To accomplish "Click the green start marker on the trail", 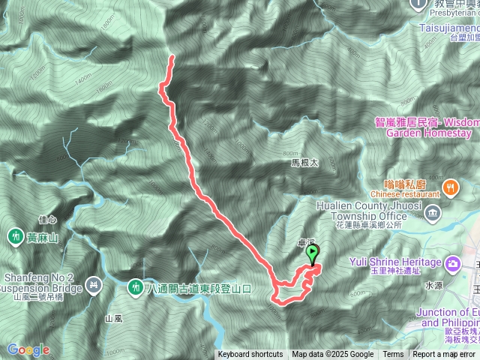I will point(311,255).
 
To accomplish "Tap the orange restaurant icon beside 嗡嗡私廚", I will point(451,187).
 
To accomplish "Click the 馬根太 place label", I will point(305,162).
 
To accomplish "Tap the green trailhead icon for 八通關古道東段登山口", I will point(136,287).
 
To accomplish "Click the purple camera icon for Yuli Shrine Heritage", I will point(452,263).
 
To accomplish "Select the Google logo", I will point(28,349).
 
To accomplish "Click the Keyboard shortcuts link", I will point(250,355).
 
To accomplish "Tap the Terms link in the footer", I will point(393,355).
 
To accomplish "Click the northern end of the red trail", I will point(172,57).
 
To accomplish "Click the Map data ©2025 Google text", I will point(333,355).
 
